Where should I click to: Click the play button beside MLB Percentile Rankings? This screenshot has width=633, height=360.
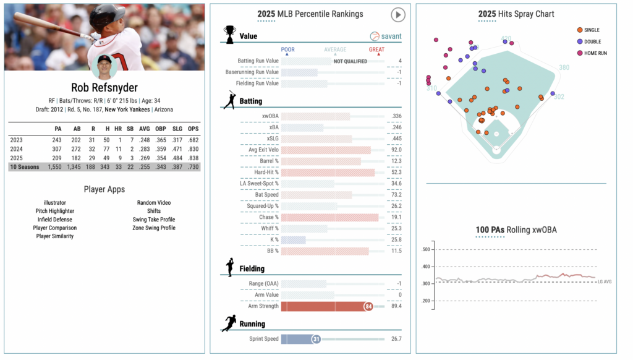pos(398,14)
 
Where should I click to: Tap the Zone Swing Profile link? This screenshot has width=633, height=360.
pos(154,228)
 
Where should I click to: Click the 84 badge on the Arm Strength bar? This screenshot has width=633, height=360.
pos(368,306)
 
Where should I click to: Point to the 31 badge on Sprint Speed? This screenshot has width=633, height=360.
pos(315,339)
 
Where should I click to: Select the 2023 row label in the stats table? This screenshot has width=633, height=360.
pos(16,140)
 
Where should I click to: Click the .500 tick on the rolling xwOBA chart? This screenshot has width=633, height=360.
pos(425,250)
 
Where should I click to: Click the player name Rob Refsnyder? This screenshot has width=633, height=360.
pos(104,87)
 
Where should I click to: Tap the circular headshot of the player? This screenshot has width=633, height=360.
pos(104,67)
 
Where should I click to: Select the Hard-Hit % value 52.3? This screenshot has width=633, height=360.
pos(396,173)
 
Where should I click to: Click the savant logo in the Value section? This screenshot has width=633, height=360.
pos(386,36)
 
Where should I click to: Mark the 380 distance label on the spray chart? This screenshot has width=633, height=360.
pos(564,67)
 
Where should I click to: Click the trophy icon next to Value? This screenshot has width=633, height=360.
pos(229,33)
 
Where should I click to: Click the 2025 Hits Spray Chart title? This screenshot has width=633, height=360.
pos(516,14)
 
